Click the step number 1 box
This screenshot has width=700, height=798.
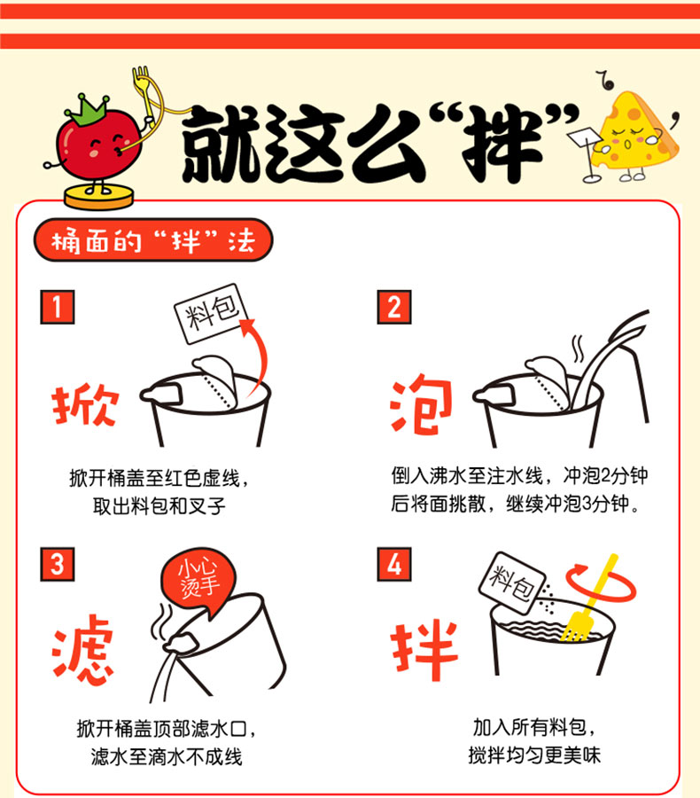57,307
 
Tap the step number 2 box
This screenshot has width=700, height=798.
393,307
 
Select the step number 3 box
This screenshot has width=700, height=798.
57,564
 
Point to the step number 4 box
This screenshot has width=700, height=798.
393,564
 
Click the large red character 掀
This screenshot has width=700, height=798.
85,404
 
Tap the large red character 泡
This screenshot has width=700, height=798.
421,404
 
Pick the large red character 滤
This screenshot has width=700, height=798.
82,649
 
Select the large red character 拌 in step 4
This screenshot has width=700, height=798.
424,650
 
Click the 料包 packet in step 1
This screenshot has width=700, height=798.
211,313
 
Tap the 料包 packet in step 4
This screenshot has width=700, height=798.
512,583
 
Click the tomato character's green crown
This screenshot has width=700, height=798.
87,109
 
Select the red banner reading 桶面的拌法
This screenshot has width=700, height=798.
153,239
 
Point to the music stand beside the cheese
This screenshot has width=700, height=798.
585,153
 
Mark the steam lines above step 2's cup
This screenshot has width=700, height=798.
578,348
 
